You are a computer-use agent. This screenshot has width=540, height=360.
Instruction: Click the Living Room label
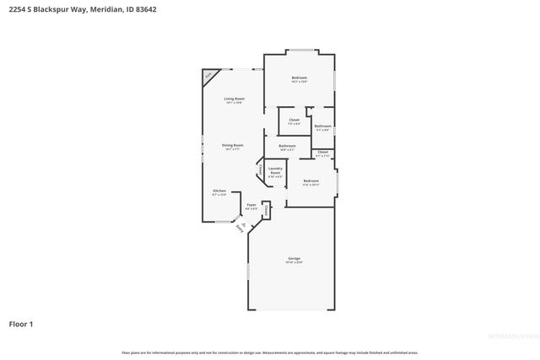click(234, 99)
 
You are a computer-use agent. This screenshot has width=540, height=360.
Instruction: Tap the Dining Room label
click(233, 146)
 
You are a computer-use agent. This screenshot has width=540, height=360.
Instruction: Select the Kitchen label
click(219, 191)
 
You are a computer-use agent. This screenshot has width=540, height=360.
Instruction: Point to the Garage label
click(293, 259)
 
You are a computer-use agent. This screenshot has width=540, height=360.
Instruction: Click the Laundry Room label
click(275, 170)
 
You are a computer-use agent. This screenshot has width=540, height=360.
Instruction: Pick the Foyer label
click(251, 205)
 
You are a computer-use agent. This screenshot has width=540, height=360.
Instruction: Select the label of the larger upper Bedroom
click(299, 78)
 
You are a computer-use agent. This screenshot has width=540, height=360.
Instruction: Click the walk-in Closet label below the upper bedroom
click(294, 121)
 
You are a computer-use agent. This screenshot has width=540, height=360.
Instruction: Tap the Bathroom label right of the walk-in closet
click(322, 127)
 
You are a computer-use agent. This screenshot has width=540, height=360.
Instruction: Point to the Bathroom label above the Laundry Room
click(287, 147)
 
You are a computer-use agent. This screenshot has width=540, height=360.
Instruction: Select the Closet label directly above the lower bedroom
click(322, 153)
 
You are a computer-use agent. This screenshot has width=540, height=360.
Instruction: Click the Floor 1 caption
click(21, 324)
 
